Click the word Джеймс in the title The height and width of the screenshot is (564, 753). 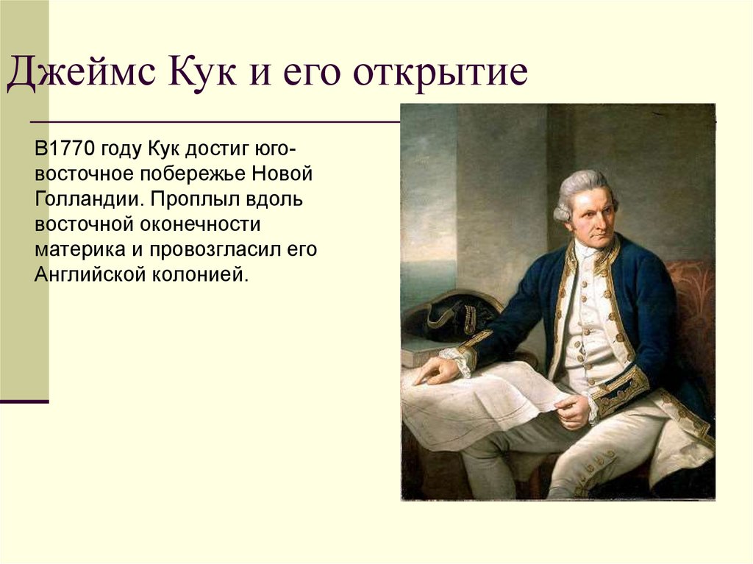point(81,74)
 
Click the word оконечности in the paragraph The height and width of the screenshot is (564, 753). point(201,224)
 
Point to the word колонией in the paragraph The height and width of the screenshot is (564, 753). point(201,275)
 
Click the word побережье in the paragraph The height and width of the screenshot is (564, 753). point(193,174)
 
